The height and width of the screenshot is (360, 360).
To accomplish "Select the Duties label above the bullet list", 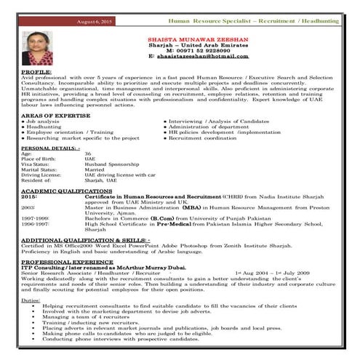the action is click(31, 300).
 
